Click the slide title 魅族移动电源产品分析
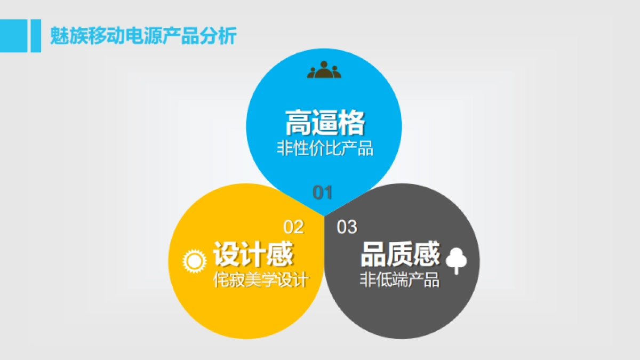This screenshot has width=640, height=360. [x=142, y=36]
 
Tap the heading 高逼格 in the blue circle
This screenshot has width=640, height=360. [x=324, y=122]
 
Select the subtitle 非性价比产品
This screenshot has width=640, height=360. [x=324, y=148]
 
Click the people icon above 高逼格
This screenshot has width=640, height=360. [x=324, y=70]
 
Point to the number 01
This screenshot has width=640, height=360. [x=322, y=193]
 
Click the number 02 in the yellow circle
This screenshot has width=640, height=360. [x=293, y=227]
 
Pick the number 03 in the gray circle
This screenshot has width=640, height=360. [x=347, y=227]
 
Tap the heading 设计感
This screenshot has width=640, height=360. [x=253, y=254]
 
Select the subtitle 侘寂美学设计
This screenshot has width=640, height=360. [x=261, y=279]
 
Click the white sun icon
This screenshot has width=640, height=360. [x=194, y=261]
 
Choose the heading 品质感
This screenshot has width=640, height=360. [x=400, y=254]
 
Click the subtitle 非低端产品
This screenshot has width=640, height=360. [x=399, y=279]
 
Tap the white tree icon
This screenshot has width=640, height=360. [x=456, y=260]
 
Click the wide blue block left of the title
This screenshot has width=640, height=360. [x=13, y=36]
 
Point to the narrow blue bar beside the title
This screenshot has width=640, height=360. [x=36, y=36]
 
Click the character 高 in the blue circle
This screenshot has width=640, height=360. [x=298, y=122]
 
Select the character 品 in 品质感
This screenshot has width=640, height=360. [x=373, y=254]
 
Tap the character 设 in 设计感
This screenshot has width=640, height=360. [x=227, y=254]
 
